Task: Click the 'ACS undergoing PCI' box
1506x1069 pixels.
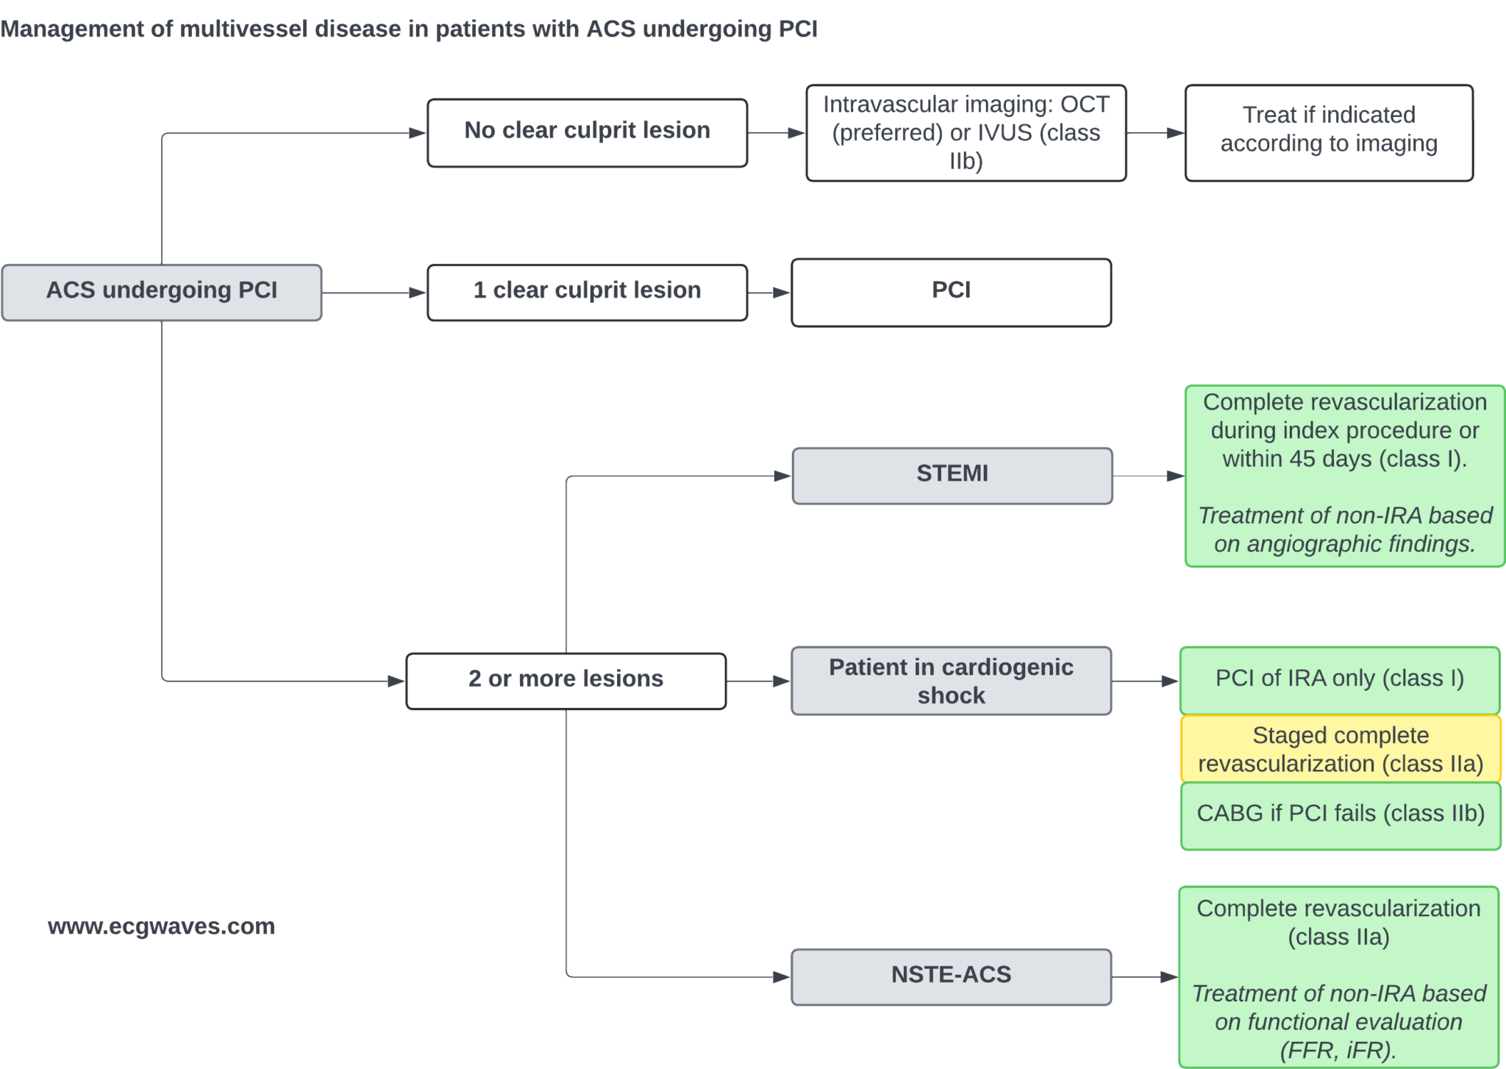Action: [161, 292]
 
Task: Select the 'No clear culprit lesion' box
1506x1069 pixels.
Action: [587, 132]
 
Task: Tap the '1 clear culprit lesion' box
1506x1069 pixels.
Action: [587, 292]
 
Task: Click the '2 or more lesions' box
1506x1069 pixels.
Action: [565, 680]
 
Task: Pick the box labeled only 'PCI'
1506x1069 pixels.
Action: [951, 292]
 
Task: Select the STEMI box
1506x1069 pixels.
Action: [952, 475]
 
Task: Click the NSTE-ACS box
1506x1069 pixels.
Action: [951, 976]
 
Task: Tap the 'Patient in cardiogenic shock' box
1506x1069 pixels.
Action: [951, 680]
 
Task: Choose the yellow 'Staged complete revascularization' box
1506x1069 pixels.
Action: [1340, 748]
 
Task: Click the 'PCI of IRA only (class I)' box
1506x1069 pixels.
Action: [1339, 679]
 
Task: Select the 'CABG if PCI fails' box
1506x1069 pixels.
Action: [1340, 815]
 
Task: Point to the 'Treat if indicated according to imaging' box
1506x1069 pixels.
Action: [1328, 132]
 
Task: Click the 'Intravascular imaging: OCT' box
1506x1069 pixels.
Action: [966, 132]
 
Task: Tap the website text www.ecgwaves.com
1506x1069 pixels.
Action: [161, 926]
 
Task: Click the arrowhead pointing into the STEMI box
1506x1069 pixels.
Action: [782, 476]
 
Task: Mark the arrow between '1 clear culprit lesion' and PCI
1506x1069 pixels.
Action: [769, 293]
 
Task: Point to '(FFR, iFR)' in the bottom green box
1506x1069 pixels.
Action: [1338, 1050]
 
